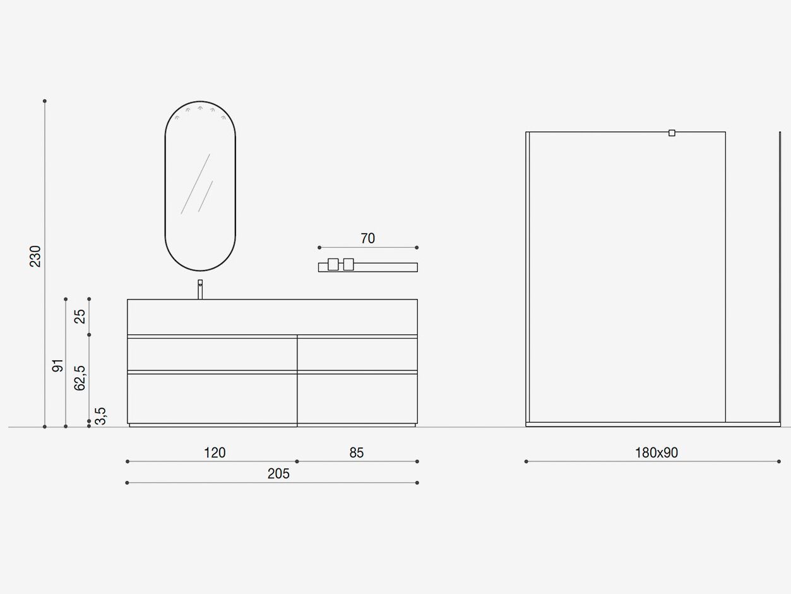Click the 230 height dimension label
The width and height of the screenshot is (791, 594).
35,256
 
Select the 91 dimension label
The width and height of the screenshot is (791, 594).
57,365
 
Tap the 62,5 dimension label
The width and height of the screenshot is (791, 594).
80,378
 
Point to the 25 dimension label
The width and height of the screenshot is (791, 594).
80,317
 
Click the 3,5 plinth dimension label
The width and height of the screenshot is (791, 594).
100,416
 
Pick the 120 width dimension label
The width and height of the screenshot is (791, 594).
215,452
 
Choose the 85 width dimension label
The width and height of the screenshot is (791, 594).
357,452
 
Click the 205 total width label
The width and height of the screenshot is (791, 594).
278,473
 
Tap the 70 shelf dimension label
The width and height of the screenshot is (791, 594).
367,238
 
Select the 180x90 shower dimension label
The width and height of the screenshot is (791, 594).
657,452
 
